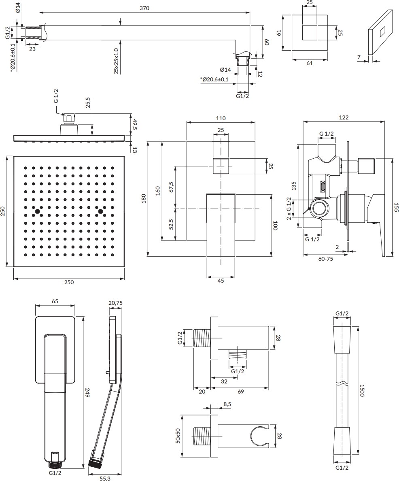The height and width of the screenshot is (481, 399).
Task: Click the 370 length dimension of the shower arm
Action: click(144, 8)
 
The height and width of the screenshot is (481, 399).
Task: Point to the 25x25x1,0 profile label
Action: click(116, 61)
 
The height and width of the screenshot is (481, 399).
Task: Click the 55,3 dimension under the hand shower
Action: click(105, 478)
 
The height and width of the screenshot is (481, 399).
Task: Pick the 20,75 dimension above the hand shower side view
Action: click(115, 302)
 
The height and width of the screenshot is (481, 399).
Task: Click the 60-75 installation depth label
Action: click(326, 259)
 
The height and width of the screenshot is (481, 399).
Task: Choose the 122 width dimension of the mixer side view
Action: click(344, 117)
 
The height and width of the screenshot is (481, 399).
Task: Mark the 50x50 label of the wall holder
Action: click(177, 436)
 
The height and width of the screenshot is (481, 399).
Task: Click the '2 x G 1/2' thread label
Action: click(289, 208)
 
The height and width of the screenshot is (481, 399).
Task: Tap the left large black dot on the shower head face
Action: click(38, 211)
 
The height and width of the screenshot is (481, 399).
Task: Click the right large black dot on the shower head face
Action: click(100, 211)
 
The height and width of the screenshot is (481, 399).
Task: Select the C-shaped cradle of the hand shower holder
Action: click(258, 436)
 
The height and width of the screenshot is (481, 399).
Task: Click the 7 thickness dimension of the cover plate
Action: click(359, 58)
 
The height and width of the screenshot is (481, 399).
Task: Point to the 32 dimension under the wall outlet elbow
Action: click(224, 381)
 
